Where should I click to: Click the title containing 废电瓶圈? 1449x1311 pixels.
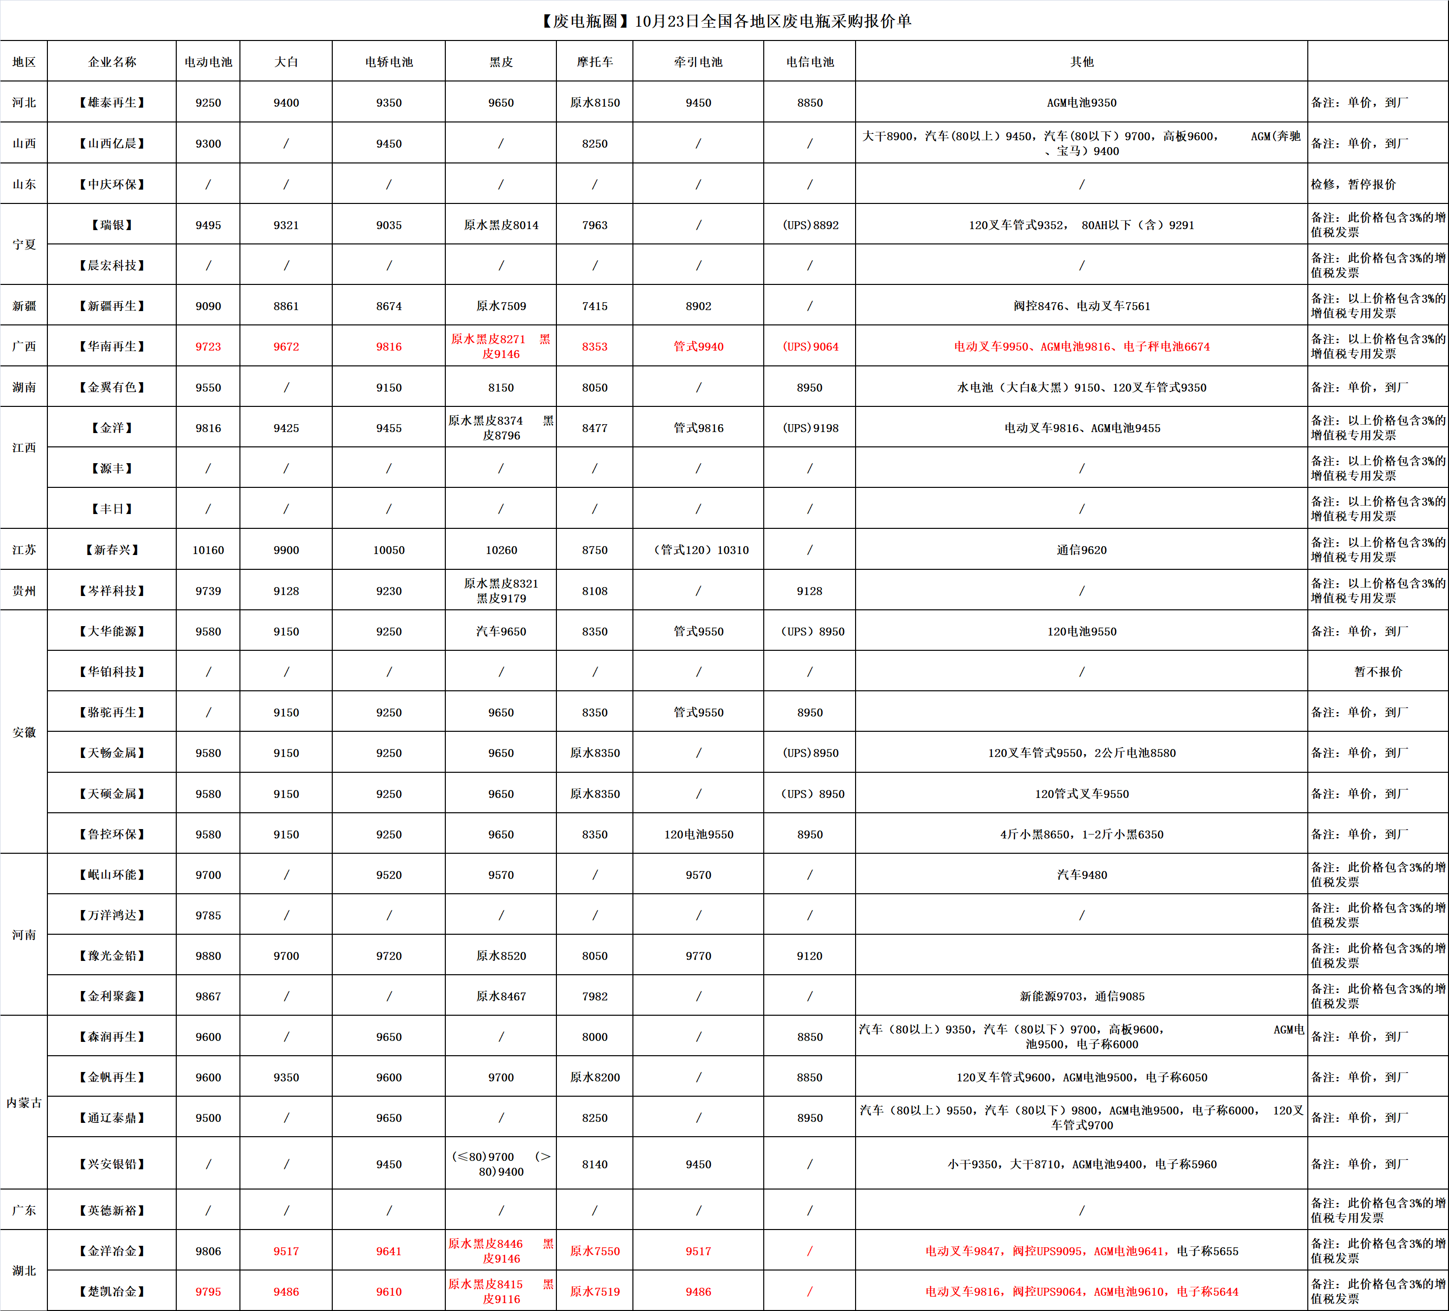pyautogui.click(x=725, y=21)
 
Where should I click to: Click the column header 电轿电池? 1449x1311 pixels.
pyautogui.click(x=389, y=62)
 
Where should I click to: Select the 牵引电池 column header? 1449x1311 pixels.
pyautogui.click(x=698, y=62)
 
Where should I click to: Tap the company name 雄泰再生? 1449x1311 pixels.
pyautogui.click(x=112, y=103)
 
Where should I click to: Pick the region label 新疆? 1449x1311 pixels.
pyautogui.click(x=24, y=306)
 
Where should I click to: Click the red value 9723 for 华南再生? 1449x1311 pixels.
pyautogui.click(x=208, y=347)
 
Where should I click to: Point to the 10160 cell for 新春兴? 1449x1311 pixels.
pyautogui.click(x=208, y=550)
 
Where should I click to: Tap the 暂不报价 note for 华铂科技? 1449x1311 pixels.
pyautogui.click(x=1378, y=672)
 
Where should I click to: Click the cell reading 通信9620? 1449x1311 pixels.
pyautogui.click(x=1081, y=550)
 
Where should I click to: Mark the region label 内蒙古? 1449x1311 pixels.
pyautogui.click(x=24, y=1103)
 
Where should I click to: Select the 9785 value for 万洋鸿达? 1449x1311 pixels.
pyautogui.click(x=208, y=915)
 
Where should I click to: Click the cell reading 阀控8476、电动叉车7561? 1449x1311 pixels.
pyautogui.click(x=1081, y=306)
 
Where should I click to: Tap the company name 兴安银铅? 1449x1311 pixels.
pyautogui.click(x=112, y=1164)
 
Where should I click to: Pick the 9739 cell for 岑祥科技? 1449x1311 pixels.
pyautogui.click(x=208, y=591)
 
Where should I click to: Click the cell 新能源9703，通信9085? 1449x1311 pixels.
pyautogui.click(x=1081, y=996)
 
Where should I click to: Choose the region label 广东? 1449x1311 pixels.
pyautogui.click(x=24, y=1210)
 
